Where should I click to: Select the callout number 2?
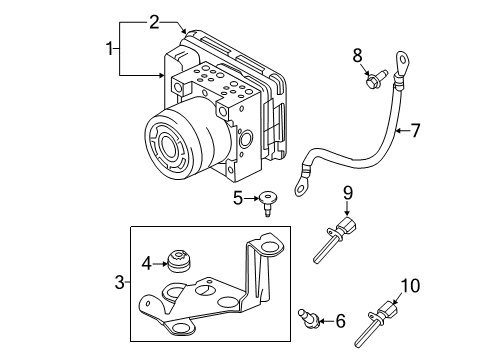coord(154,21)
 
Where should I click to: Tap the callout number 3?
coord(120,283)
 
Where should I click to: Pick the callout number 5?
coord(238,198)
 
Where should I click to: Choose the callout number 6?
coord(340,321)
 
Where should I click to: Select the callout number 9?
coord(348,193)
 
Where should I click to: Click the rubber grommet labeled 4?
coord(182,262)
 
